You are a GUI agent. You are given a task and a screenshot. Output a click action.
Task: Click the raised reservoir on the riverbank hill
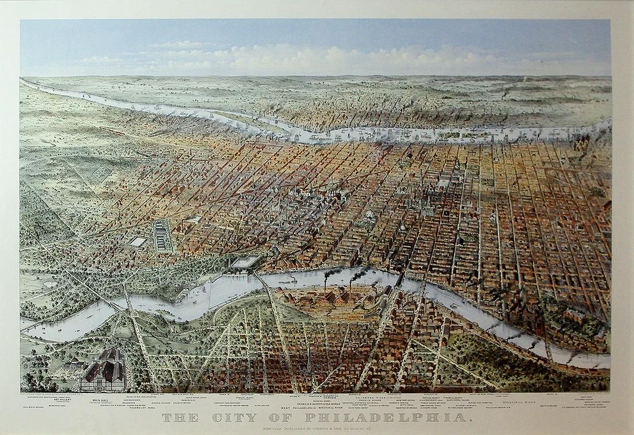coord(247,262)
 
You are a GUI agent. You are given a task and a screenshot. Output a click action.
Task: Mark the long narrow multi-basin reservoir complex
coord(163,236)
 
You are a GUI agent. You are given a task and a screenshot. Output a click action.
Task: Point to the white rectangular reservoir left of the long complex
coord(137,242)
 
